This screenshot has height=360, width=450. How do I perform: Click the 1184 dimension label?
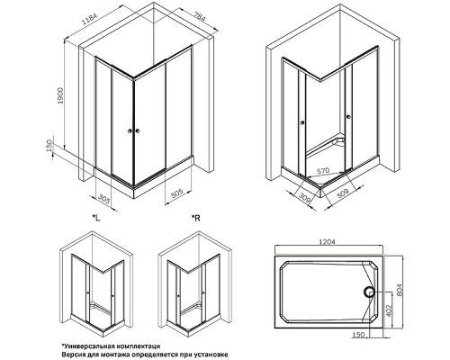[x=90, y=21]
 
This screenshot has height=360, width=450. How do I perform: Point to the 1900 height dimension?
[x=60, y=96]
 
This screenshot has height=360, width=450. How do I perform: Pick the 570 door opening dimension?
[x=323, y=171]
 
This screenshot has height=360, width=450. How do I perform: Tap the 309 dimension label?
[x=305, y=199]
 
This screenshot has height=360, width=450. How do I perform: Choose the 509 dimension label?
[x=343, y=193]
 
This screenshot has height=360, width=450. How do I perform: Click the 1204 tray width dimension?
[x=326, y=241]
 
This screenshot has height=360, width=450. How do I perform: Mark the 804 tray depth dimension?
[x=400, y=290]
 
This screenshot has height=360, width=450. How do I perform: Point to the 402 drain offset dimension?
[x=389, y=312]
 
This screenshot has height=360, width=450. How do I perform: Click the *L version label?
[x=96, y=218]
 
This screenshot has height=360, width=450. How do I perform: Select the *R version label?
[x=196, y=218]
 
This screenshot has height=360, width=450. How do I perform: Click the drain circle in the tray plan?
[x=369, y=292]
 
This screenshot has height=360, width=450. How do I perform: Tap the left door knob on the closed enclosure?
[x=130, y=130]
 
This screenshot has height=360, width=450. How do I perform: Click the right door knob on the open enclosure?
[x=348, y=116]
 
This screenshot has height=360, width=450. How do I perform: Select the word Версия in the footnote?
[x=72, y=355]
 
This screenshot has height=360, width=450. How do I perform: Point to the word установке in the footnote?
[x=212, y=355]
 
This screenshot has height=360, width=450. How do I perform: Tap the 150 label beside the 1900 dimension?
[x=49, y=146]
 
